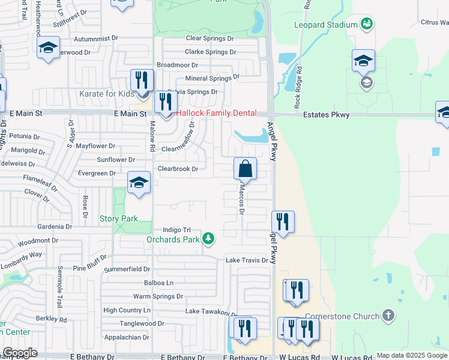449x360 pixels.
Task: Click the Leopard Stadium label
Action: click(x=326, y=25)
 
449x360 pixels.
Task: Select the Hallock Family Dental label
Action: click(x=215, y=113)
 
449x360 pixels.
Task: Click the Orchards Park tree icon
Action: click(x=208, y=239)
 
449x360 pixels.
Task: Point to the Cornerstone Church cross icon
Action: click(x=388, y=316)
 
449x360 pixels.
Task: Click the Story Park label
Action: click(x=119, y=219)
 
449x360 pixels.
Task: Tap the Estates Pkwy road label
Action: click(x=327, y=114)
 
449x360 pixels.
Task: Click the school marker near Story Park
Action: click(x=139, y=184)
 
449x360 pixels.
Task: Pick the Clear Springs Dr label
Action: click(x=210, y=38)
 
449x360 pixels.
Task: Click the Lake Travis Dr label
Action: click(x=247, y=260)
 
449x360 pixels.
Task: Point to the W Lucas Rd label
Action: click(x=299, y=357)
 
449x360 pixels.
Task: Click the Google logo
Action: click(x=19, y=353)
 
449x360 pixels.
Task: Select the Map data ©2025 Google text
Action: click(x=412, y=356)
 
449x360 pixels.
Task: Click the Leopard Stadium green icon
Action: click(x=367, y=25)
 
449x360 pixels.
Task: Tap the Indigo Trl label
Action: click(x=176, y=230)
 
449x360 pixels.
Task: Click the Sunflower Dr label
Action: click(x=116, y=160)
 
